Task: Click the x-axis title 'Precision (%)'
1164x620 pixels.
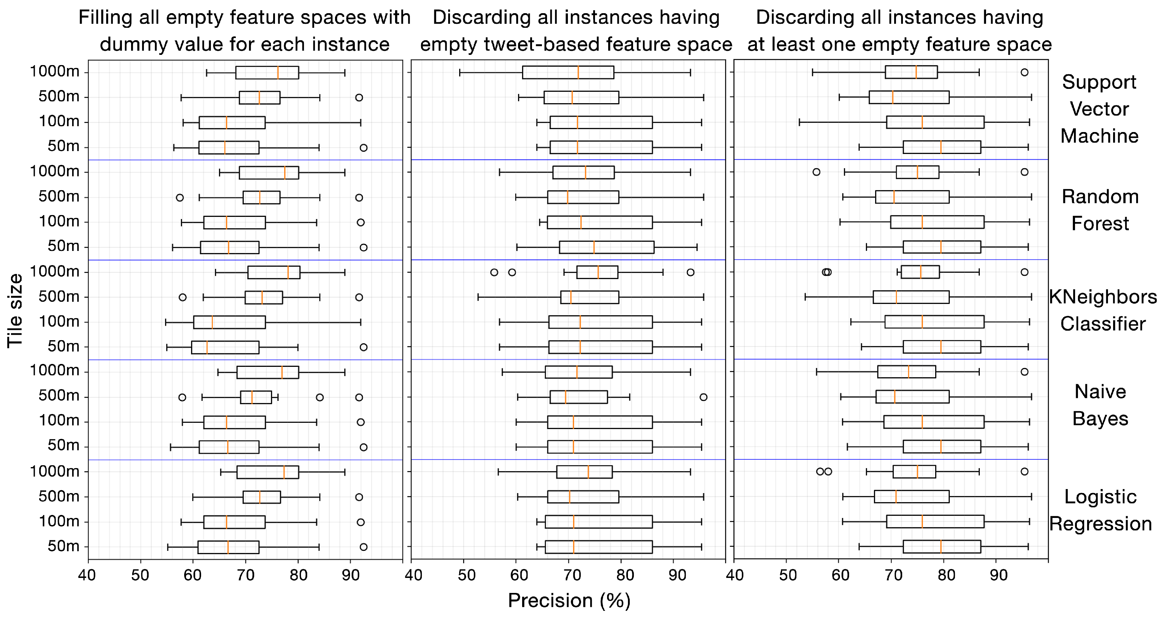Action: [569, 601]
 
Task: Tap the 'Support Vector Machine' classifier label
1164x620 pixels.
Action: [1100, 109]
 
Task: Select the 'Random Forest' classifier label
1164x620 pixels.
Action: [1100, 210]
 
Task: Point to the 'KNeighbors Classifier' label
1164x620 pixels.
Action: [1103, 310]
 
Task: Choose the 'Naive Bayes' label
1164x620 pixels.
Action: [1100, 405]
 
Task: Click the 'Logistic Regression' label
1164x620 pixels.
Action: [1100, 510]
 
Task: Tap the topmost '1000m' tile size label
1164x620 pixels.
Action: [54, 71]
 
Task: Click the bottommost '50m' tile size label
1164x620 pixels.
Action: [63, 546]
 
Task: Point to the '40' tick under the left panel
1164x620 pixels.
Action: [87, 575]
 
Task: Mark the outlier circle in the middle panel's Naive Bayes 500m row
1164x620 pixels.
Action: [703, 397]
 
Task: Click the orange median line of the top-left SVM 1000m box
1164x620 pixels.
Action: [278, 72]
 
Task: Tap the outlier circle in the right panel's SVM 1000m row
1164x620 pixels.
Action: [1024, 72]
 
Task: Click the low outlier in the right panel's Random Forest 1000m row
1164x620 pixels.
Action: [816, 172]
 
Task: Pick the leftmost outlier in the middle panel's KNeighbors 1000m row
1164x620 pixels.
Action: [494, 272]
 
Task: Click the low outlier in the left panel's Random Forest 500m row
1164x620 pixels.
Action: [179, 197]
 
